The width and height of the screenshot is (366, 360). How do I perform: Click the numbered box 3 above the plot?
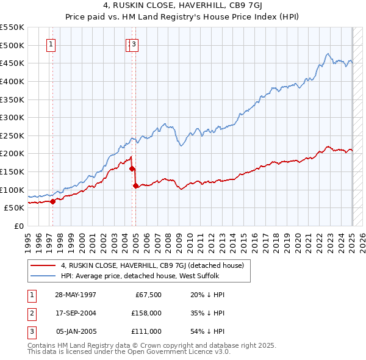(x=134, y=44)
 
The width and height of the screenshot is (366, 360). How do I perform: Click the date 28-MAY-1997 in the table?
(x=76, y=295)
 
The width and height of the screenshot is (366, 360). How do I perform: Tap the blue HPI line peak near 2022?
(x=328, y=54)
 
